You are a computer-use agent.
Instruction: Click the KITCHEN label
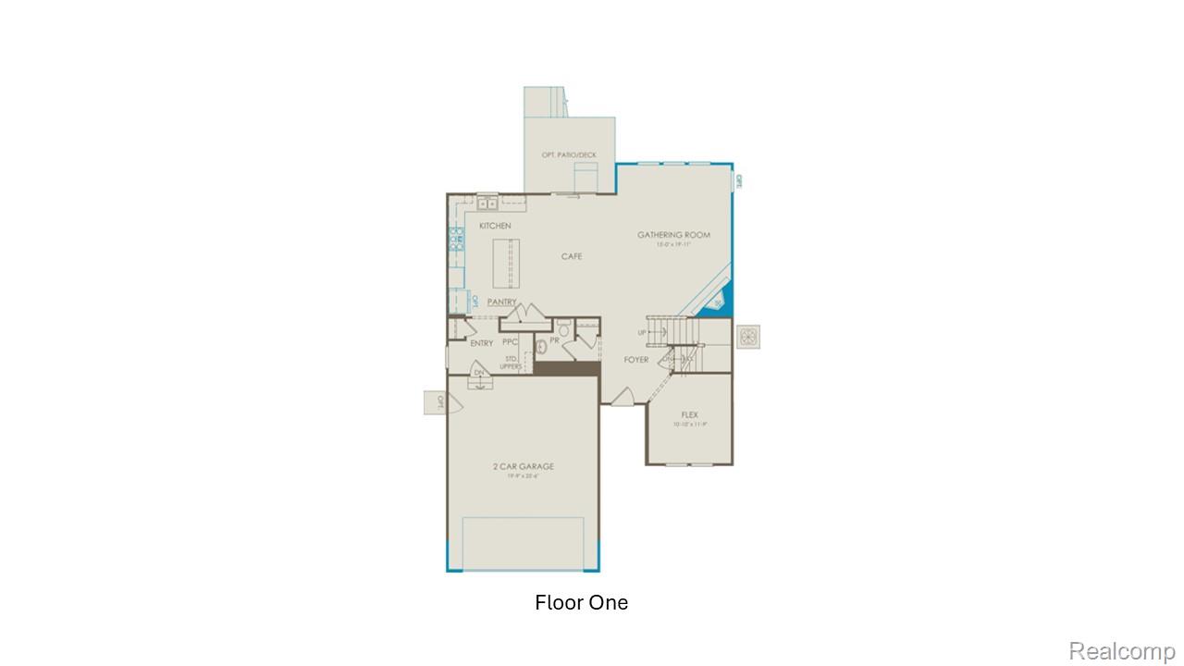coord(495,226)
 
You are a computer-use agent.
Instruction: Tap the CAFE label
coord(572,256)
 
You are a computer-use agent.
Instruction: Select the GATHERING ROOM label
coord(673,235)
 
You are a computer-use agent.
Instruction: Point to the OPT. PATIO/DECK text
coord(569,154)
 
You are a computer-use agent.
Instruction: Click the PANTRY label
coord(502,302)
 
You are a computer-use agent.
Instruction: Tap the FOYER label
coord(635,360)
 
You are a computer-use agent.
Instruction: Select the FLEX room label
coord(689,415)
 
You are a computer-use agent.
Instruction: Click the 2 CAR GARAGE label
coord(523,467)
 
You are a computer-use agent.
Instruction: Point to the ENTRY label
coord(481,343)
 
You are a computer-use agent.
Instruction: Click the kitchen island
coord(505,264)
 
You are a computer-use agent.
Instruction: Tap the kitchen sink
coord(487,203)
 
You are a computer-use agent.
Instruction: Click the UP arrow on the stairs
coord(642,332)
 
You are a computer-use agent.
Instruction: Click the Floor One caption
coord(581,603)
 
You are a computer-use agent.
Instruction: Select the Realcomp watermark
coord(1122,651)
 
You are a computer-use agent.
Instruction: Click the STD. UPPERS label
coord(511,362)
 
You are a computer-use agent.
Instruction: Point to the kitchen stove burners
coord(456,240)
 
